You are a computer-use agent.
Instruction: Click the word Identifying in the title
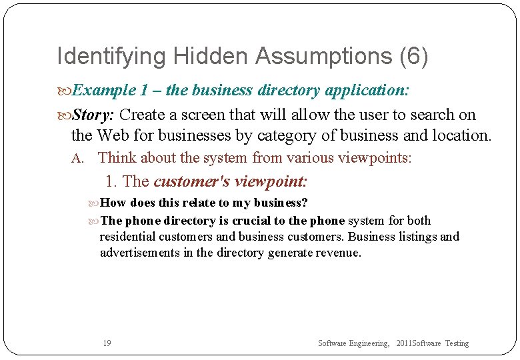(x=98, y=57)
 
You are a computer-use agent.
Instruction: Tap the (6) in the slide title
(x=413, y=57)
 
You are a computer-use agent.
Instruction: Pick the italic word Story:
(x=93, y=115)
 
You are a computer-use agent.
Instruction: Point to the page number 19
(x=107, y=343)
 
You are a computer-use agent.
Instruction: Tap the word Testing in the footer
(x=457, y=343)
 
